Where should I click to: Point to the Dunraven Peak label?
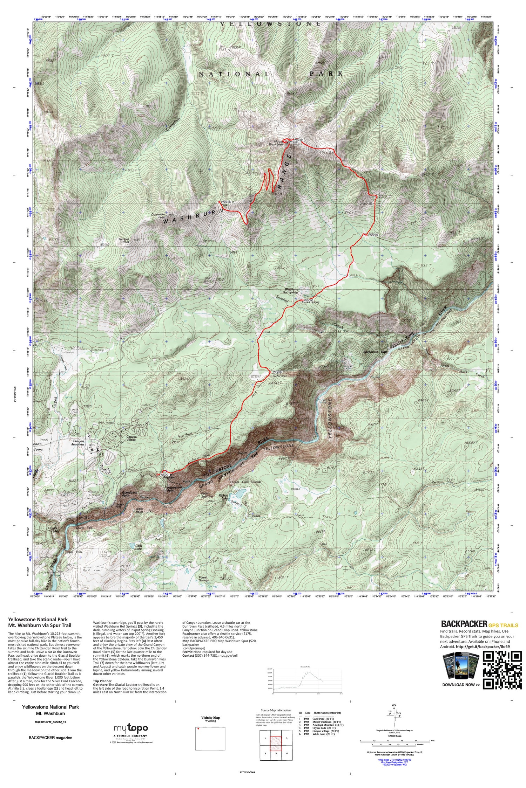click(158, 216)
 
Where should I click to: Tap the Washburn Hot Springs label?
click(291, 291)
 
